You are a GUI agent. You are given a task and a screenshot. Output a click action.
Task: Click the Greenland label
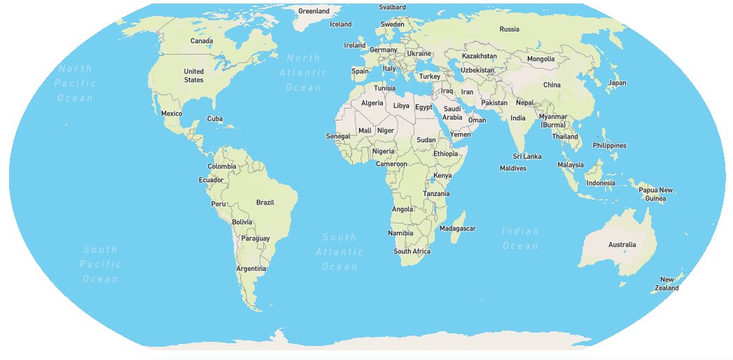point(313,11)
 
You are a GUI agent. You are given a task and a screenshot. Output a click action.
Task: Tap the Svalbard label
point(392,7)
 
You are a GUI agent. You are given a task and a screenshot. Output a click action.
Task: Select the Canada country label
point(202,41)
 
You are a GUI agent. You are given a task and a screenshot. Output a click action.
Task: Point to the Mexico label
point(172,113)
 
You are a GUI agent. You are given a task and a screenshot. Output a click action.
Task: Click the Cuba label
point(215,119)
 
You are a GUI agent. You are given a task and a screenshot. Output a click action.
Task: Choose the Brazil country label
point(265,202)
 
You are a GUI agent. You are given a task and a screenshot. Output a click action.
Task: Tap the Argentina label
point(251,269)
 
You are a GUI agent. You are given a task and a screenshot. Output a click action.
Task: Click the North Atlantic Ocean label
point(303,73)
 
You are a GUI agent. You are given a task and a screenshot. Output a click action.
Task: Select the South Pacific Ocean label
point(100,264)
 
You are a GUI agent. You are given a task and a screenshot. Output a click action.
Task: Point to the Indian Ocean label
point(520,238)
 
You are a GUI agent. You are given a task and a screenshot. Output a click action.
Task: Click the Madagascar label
point(458,228)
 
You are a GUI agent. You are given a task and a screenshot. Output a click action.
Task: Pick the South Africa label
point(412,251)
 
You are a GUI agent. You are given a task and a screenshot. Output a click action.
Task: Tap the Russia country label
point(509,29)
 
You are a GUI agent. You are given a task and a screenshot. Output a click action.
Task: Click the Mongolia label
point(540,59)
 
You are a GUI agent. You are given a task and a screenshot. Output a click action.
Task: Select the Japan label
point(617,83)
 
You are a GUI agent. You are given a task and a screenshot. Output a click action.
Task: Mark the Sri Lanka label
point(526,156)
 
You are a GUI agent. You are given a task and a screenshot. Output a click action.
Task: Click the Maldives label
point(512,168)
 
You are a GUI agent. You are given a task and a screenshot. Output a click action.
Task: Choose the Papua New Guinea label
point(655,194)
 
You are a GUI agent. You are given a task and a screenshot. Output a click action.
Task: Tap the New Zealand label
point(666,284)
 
